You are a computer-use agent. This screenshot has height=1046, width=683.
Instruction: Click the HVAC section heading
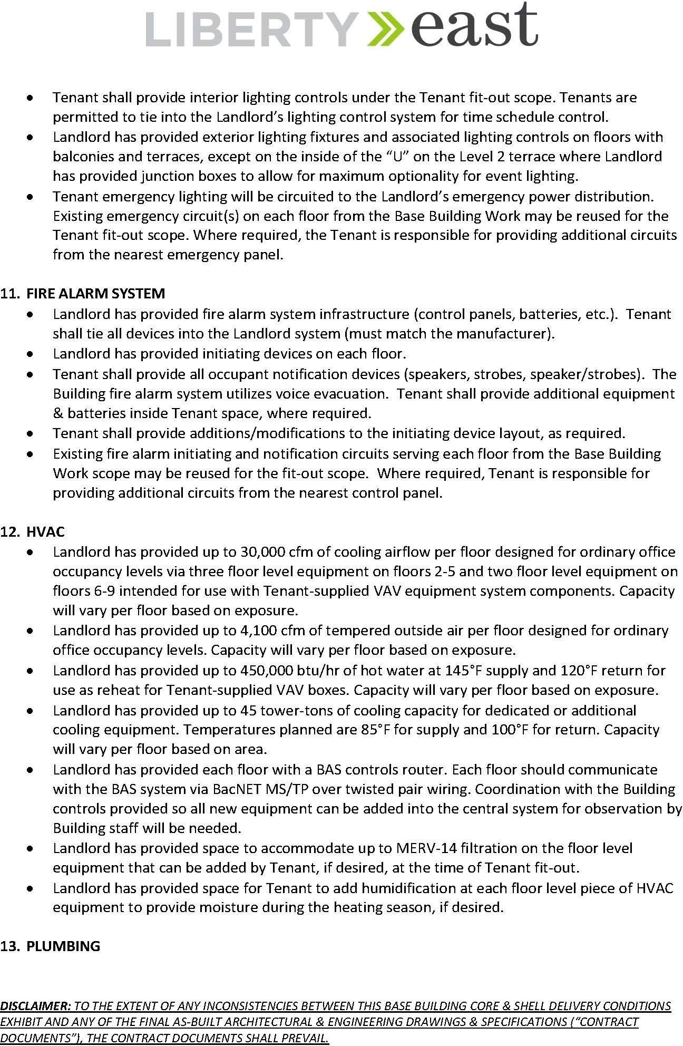[x=45, y=531]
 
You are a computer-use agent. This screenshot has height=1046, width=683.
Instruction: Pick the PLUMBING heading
[x=63, y=946]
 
